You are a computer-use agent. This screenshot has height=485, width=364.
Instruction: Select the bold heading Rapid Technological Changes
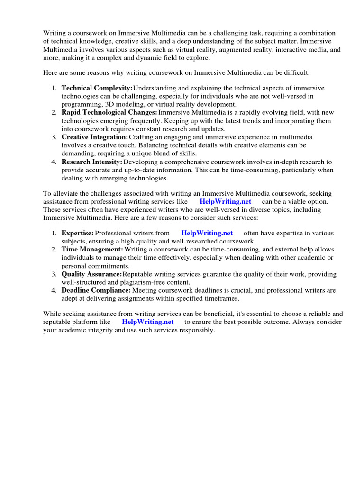tap(109, 112)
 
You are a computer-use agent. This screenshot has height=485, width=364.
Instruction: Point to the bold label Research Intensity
tap(92, 162)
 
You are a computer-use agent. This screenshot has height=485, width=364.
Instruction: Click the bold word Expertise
tap(77, 233)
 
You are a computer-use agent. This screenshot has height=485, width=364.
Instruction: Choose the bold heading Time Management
tap(92, 249)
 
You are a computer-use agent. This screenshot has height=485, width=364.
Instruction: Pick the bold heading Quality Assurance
tap(91, 274)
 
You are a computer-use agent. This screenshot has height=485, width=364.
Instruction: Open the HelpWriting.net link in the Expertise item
tap(207, 233)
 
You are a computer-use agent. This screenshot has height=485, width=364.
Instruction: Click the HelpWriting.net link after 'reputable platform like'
tap(148, 322)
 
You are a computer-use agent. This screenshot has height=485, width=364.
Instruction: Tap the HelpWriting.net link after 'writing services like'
tap(225, 201)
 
